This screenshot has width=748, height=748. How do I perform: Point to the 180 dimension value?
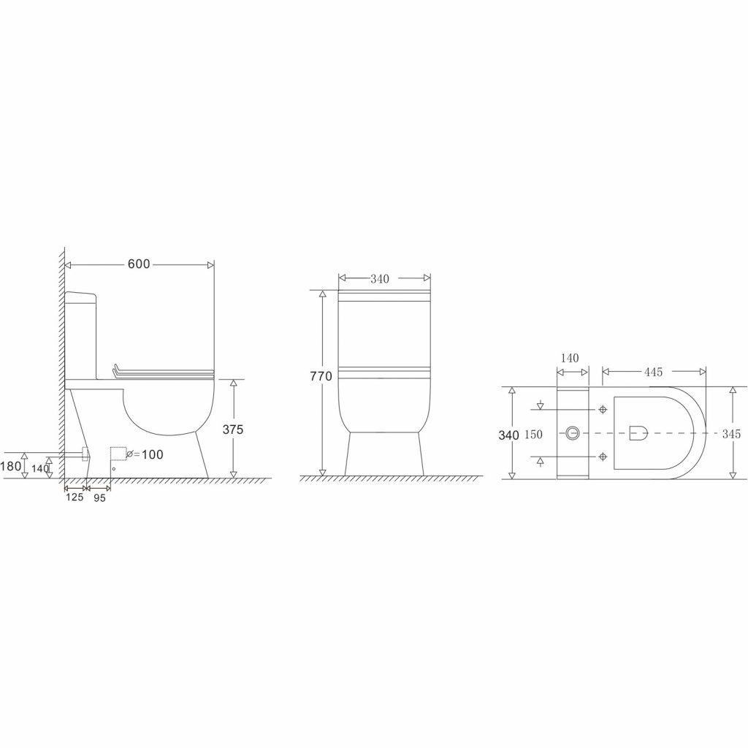click(10, 465)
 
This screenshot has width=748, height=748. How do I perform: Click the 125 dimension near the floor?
click(75, 497)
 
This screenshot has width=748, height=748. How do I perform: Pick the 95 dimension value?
click(99, 497)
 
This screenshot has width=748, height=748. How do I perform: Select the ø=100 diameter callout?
click(145, 454)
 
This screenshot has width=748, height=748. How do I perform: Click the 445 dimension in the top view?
click(653, 373)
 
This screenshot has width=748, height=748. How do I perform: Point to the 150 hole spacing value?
click(533, 435)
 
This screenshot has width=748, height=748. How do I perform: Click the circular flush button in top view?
click(573, 433)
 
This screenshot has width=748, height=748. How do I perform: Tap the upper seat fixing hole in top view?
click(603, 409)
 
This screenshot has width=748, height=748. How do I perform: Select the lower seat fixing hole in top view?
click(603, 457)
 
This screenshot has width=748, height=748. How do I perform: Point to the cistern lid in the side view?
click(82, 295)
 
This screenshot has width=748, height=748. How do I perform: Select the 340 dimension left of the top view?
click(508, 435)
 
